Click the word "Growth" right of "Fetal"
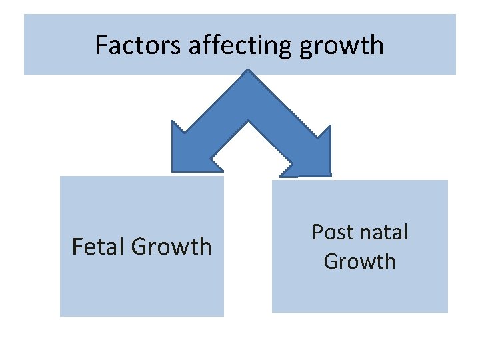pos(171,246)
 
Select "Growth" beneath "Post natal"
pos(359,261)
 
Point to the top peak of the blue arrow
pos(249,73)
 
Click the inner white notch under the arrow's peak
pos(249,123)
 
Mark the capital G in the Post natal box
pos(332,261)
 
